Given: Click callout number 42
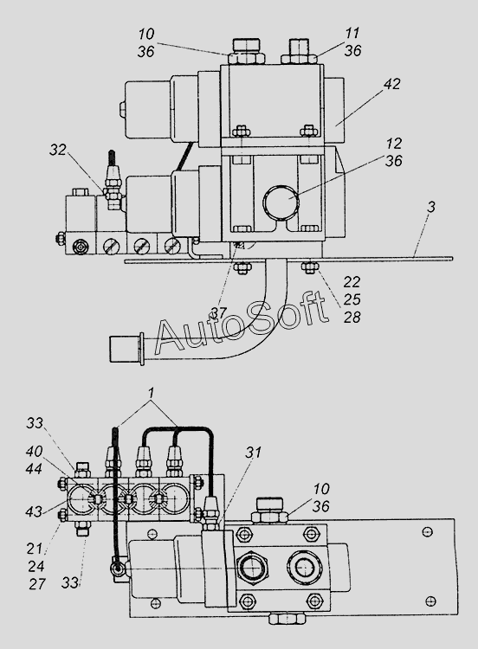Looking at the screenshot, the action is click(392, 84).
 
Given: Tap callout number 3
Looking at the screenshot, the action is click(431, 207).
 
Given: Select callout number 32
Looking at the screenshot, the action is click(58, 150).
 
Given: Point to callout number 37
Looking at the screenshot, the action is click(219, 313).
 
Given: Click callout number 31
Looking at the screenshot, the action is click(254, 453).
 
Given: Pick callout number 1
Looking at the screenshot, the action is click(152, 392).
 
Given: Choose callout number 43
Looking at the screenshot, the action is click(34, 511).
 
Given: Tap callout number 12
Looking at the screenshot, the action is click(393, 144).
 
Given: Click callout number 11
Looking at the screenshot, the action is click(352, 33).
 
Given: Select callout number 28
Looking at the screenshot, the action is click(352, 318).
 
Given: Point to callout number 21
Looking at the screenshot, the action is click(35, 549).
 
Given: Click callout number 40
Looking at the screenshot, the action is click(34, 451).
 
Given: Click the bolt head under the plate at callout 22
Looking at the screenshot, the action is click(310, 268).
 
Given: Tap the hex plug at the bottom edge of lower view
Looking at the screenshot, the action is click(287, 619).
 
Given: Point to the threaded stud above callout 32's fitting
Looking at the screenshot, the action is click(113, 160).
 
